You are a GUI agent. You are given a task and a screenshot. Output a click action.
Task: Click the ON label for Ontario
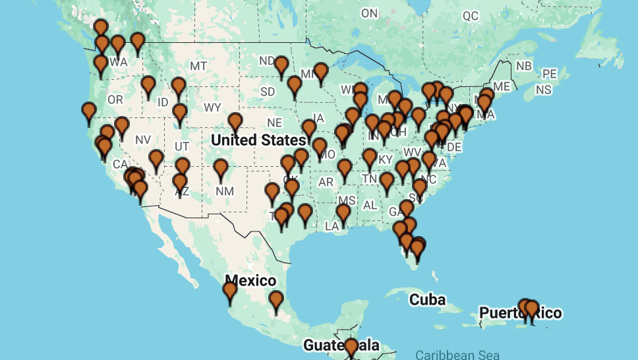tap(369, 13)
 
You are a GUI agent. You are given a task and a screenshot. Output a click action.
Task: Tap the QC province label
tap(471, 16)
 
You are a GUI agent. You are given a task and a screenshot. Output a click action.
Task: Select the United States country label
tap(258, 140)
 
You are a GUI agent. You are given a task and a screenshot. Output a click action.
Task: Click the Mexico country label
tap(250, 280)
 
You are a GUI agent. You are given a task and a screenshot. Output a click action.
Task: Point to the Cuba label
tap(427, 300)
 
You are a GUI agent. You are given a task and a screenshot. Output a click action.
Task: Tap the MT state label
tap(198, 66)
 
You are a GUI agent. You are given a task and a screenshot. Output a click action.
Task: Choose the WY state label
tap(212, 107)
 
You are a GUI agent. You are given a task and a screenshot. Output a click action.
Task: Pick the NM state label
tap(225, 191)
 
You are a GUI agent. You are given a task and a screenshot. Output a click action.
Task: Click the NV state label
tap(143, 140)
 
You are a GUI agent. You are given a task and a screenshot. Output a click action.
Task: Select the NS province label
tap(544, 89)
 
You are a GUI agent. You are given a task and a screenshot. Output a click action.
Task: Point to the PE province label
tap(549, 74)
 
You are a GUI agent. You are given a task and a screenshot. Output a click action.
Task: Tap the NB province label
tap(524, 66)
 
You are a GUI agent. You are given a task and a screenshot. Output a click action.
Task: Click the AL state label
tap(370, 205)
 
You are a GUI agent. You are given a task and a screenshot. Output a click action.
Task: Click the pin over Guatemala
tap(351, 345)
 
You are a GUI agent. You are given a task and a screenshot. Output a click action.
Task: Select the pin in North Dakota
tap(281, 65)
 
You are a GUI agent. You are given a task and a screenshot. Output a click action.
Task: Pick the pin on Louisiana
tap(343, 212)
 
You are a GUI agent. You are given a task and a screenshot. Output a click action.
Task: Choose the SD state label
tap(268, 91)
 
